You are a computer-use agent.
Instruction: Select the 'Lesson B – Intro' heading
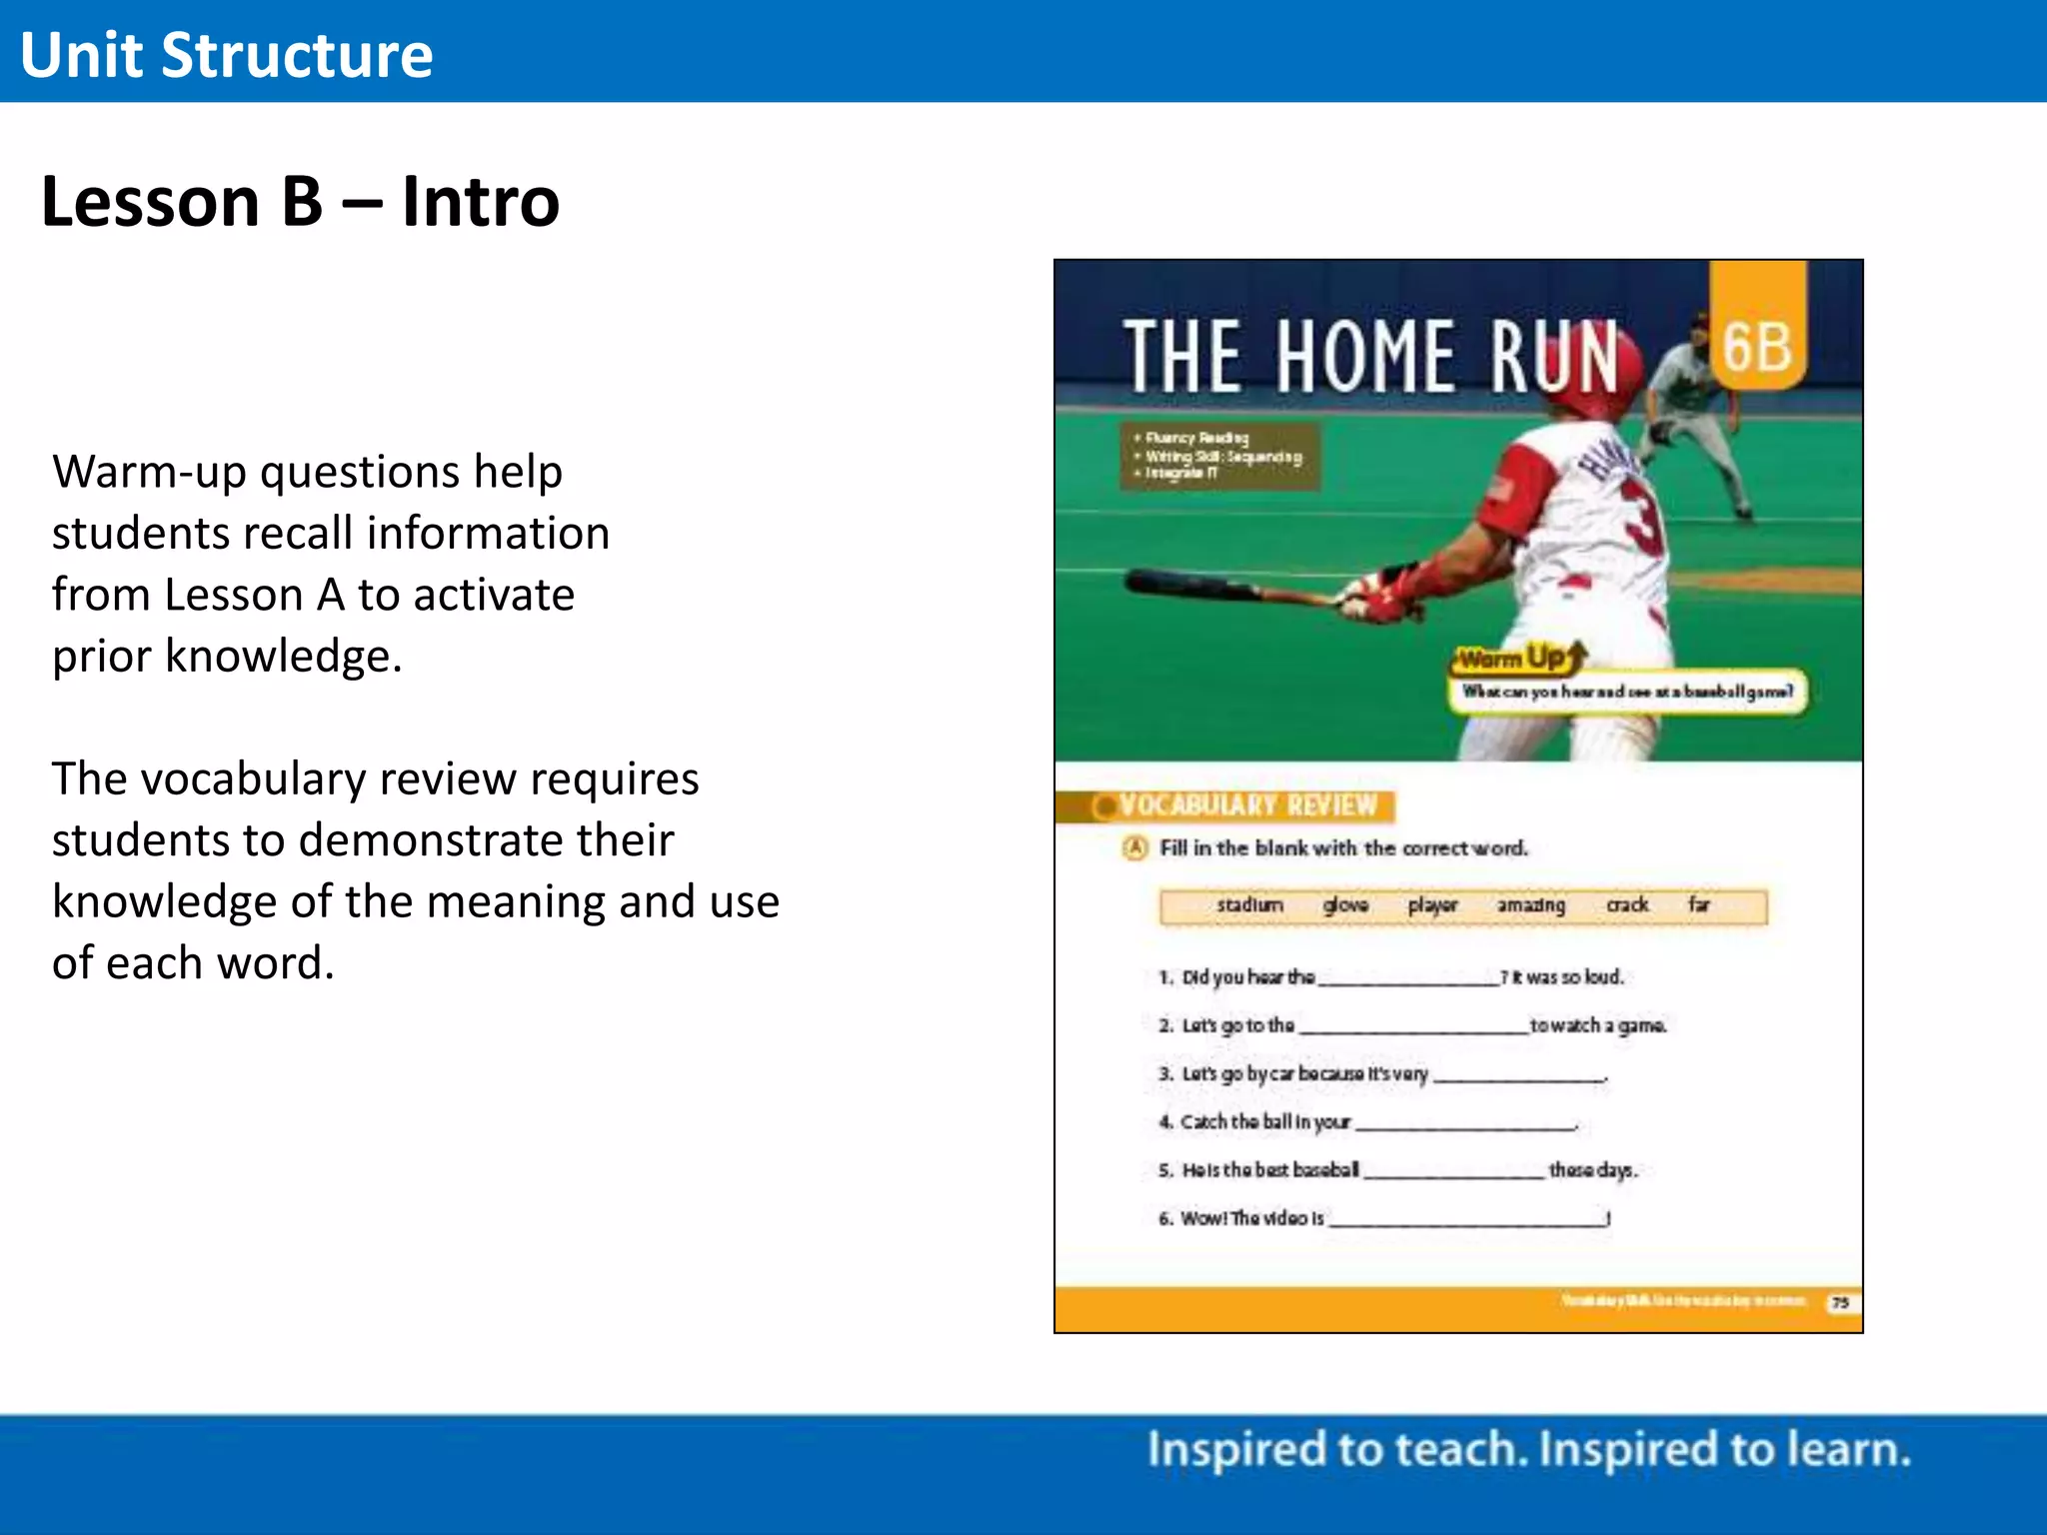tap(300, 202)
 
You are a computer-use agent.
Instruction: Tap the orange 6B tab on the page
tap(1757, 345)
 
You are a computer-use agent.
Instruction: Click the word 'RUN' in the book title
tap(1554, 357)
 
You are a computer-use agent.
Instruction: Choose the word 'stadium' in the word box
tap(1249, 905)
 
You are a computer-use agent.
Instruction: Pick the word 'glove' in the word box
tap(1345, 905)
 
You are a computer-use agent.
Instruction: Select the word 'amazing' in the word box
tap(1530, 905)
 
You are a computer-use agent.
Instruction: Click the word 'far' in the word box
tap(1698, 905)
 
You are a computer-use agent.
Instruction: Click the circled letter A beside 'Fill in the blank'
tap(1134, 848)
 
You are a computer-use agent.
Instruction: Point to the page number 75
tap(1840, 1302)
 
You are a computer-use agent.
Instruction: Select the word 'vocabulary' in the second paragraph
tap(253, 779)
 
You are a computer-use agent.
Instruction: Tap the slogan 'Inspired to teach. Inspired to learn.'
tap(1528, 1450)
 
